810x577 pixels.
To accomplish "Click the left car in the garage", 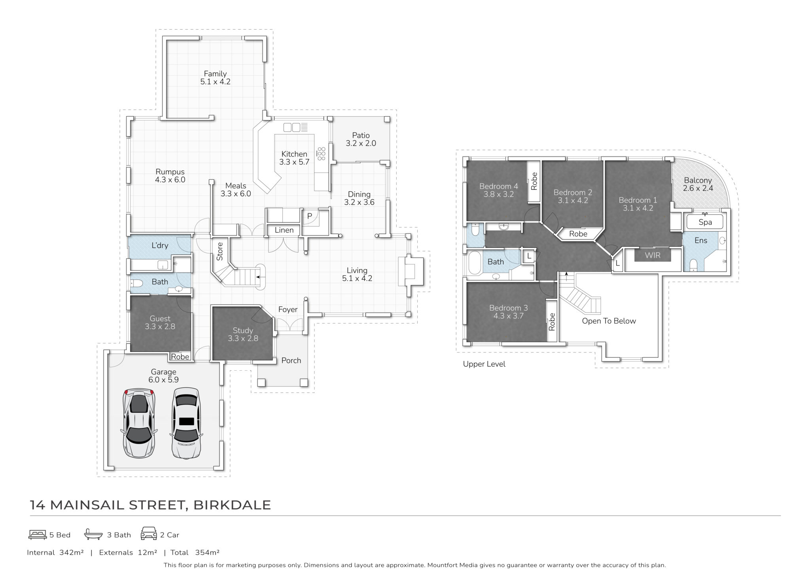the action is pos(139,424).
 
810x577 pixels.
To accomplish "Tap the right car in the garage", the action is pos(185,423).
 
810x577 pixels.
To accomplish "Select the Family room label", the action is pos(215,78).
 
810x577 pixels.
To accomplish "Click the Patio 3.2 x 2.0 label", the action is pos(361,140).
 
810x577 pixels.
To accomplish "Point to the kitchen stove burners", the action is pos(321,154).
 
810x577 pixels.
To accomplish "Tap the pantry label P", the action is pos(310,216).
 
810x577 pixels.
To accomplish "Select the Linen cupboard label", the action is pos(284,230).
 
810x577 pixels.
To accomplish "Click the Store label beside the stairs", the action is pos(220,251).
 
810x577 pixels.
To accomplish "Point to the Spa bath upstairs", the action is pos(705,222).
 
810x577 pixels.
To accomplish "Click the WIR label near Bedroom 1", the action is pos(653,255).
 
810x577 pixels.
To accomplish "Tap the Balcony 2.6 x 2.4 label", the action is pos(698,185).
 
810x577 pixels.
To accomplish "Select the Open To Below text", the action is pos(609,321).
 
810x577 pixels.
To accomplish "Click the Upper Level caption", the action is pos(484,364).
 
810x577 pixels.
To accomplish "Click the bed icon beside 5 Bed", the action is pos(38,535).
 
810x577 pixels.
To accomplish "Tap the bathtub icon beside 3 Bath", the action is pos(93,534).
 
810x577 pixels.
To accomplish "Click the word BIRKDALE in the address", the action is pos(232,505).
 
